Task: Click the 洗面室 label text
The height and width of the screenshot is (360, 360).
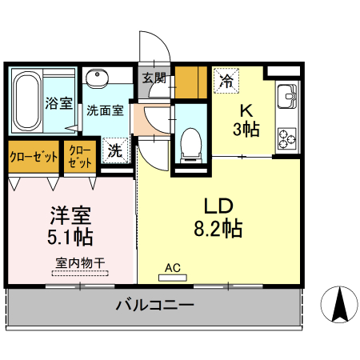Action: (105, 110)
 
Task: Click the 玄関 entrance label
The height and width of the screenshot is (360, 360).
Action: (154, 78)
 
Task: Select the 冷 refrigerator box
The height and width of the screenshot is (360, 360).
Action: (227, 80)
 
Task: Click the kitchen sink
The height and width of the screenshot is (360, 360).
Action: (286, 99)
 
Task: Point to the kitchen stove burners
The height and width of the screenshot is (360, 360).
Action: (286, 138)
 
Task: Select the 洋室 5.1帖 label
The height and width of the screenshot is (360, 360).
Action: (70, 226)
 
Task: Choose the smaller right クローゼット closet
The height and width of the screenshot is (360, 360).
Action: (81, 156)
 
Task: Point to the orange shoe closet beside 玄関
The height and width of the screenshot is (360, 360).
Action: (191, 82)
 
